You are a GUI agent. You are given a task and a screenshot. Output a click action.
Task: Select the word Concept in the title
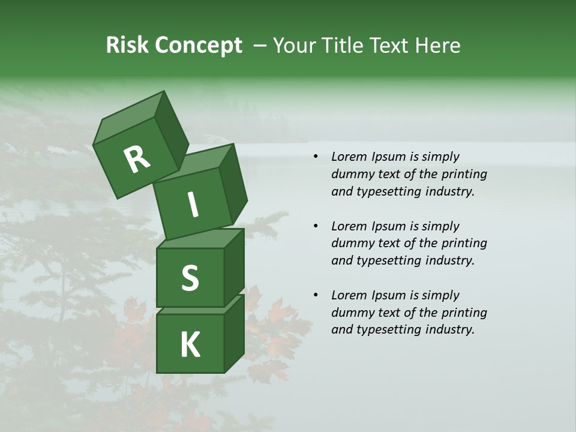[x=199, y=46]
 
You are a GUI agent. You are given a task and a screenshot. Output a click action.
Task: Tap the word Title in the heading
[x=344, y=45]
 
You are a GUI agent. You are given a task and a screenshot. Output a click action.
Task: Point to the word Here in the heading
[x=437, y=45]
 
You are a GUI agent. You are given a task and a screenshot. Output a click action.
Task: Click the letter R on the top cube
[x=136, y=159]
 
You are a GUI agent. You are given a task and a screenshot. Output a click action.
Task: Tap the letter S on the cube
[x=190, y=278]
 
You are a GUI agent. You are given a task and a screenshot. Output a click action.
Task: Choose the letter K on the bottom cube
[x=190, y=345]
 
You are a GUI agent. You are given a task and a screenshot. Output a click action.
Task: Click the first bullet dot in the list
[x=316, y=157]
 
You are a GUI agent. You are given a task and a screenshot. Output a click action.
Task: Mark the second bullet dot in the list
[x=316, y=227]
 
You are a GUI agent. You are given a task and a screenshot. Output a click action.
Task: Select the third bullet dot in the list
[x=316, y=296]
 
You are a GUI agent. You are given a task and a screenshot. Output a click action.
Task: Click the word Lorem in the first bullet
[x=349, y=157]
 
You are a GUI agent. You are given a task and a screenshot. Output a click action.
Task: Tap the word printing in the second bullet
[x=464, y=243]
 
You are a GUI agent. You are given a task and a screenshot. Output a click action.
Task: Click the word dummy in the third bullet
[x=351, y=312]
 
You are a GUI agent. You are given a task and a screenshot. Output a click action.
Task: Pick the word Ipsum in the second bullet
[x=388, y=226]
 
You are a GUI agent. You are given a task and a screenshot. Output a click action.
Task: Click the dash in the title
[x=260, y=46]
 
